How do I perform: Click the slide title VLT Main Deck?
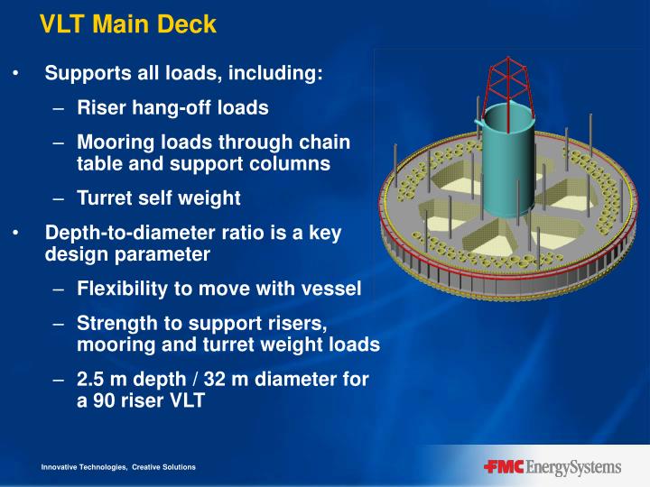point(127,24)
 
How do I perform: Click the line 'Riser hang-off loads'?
point(172,108)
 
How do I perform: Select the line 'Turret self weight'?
point(158,198)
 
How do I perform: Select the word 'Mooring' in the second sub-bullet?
point(112,142)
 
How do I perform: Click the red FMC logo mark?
point(504,467)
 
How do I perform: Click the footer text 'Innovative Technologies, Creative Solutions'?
point(117,467)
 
